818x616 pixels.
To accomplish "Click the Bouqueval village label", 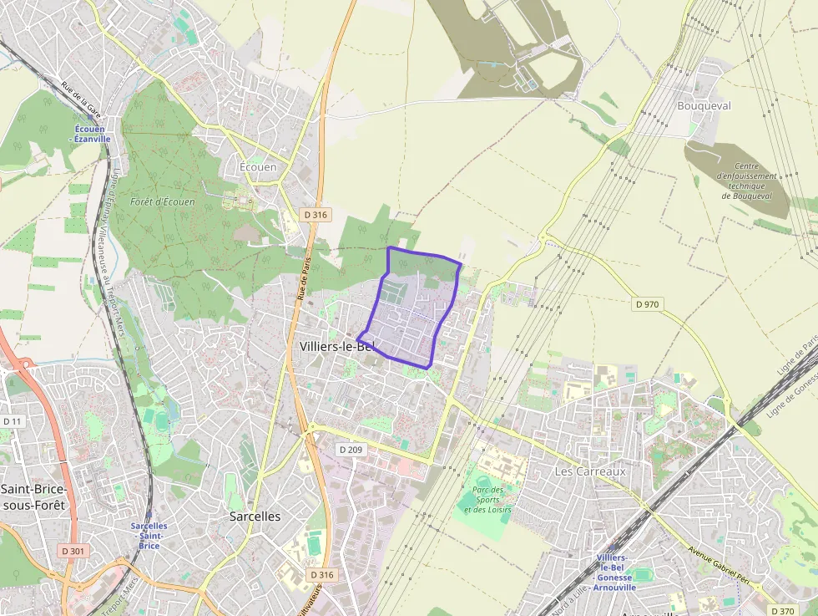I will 704,106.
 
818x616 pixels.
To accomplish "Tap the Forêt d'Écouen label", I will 163,202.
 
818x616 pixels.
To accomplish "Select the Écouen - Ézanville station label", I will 92,134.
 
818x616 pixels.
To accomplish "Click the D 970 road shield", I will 647,304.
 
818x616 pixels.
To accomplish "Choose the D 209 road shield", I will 352,450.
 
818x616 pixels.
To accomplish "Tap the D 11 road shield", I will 12,420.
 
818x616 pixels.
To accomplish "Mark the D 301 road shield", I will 73,551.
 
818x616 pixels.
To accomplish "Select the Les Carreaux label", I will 590,471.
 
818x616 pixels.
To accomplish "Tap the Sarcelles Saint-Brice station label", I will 149,536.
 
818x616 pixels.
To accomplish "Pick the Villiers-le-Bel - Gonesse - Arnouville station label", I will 613,572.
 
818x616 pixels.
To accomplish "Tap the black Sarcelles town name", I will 255,517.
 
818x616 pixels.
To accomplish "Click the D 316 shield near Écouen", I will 316,215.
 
